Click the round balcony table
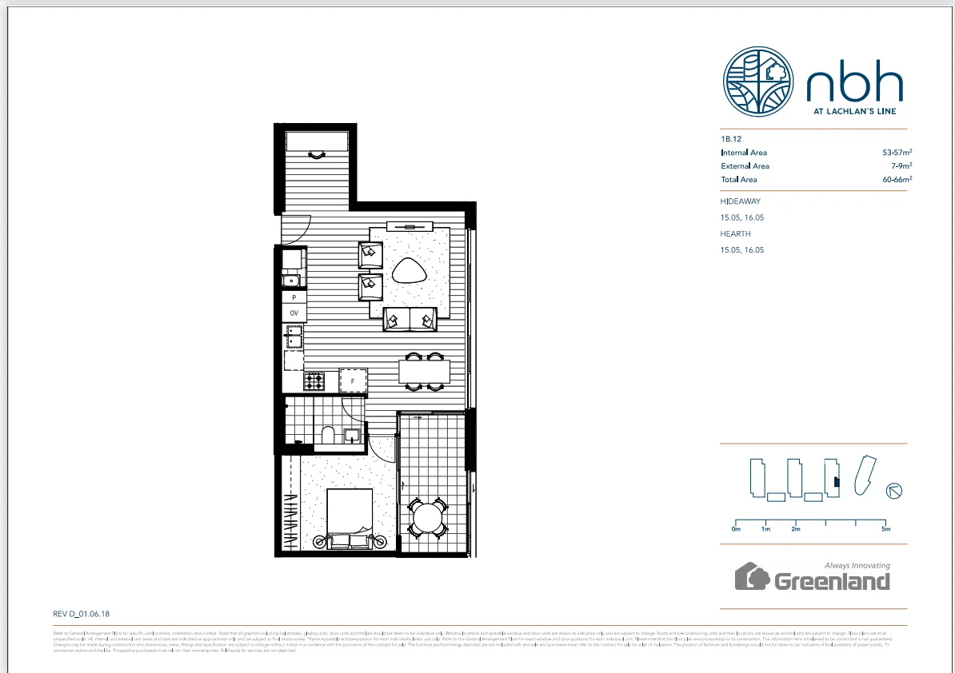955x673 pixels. pos(429,517)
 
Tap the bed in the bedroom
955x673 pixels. pos(350,516)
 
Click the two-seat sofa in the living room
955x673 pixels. pos(410,319)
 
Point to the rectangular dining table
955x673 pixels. pos(424,372)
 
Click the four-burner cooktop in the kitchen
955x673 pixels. pos(314,381)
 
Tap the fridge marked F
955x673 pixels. pos(353,382)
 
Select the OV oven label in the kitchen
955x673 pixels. pos(294,313)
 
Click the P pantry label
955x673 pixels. pos(294,297)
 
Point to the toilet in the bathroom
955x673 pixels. pos(327,435)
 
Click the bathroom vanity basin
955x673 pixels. pos(352,436)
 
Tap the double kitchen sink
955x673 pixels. pos(294,336)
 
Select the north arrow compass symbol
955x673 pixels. pos(894,491)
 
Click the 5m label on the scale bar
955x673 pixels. pos(885,529)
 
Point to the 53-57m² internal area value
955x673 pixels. pos(897,152)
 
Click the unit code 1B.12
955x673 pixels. pos(731,138)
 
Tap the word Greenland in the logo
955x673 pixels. pos(832,581)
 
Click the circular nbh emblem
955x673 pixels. pos(759,82)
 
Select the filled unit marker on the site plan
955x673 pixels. pos(835,481)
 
